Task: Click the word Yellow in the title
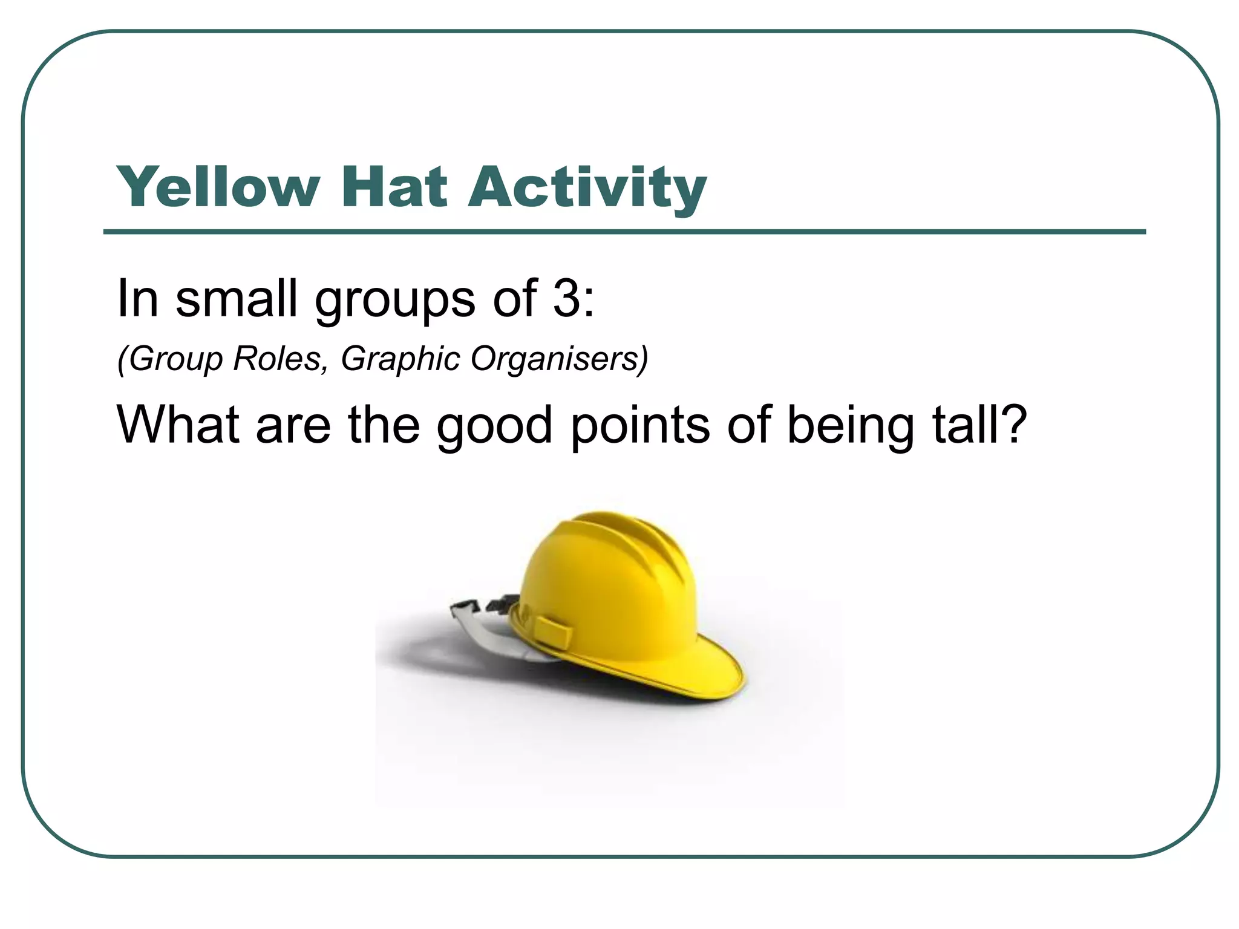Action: pos(218,187)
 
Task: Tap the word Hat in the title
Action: pos(394,187)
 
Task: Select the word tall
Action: pos(962,425)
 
